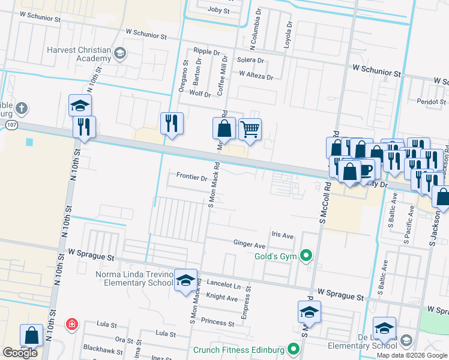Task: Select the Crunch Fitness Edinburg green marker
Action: pyautogui.click(x=294, y=349)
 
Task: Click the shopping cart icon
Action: pyautogui.click(x=250, y=128)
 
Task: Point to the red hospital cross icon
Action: pyautogui.click(x=73, y=325)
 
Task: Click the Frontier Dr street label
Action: pyautogui.click(x=191, y=178)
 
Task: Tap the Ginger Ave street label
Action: pyautogui.click(x=249, y=245)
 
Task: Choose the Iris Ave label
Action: pyautogui.click(x=282, y=235)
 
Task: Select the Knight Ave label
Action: pyautogui.click(x=222, y=297)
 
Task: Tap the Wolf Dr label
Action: pyautogui.click(x=200, y=94)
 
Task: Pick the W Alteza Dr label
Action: pyautogui.click(x=256, y=77)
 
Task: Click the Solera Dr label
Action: pyautogui.click(x=250, y=61)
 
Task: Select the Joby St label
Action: pyautogui.click(x=218, y=11)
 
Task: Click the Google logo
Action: pyautogui.click(x=20, y=353)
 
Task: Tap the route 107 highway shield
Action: pyautogui.click(x=12, y=124)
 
